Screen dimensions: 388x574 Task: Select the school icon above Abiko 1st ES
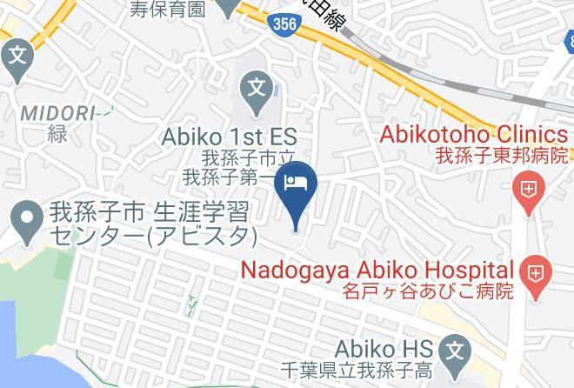point(256,88)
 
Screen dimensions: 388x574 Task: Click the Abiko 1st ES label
point(230,137)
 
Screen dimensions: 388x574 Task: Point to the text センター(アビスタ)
point(153,235)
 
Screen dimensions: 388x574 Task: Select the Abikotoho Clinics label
point(475,135)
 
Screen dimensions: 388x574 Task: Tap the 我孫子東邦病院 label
point(502,156)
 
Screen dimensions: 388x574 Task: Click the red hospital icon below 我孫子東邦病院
point(527,187)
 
